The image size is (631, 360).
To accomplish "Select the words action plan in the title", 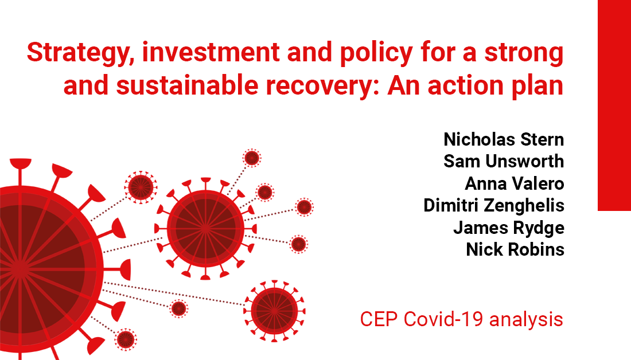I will coord(497,86).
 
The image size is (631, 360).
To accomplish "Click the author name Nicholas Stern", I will coord(504,139).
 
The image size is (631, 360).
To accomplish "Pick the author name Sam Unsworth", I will coord(504,162).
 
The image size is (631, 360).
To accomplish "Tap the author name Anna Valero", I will coord(515,183).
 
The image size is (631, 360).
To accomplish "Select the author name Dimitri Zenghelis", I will coord(494,205).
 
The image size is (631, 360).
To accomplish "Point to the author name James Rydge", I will coord(509,228).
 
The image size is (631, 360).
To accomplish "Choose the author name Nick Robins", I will coord(515,249).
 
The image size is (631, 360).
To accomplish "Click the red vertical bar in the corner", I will coord(614,105).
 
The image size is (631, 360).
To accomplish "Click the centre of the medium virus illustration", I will coord(205,228).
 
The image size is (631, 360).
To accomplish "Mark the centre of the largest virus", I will coord(20,267).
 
